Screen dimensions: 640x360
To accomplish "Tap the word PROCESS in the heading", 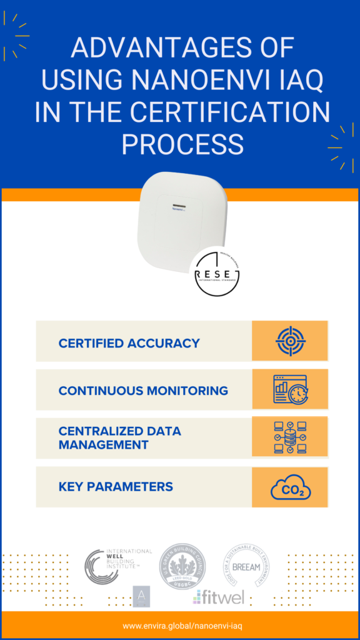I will (x=182, y=144).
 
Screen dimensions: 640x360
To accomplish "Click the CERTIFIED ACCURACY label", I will (x=129, y=343).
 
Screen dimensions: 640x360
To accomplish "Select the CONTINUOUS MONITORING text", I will (x=143, y=391).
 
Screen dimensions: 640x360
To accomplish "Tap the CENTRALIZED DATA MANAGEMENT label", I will (x=120, y=438).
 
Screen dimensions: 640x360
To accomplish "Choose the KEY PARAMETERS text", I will (x=116, y=486).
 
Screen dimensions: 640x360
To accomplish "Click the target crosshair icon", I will (x=289, y=341).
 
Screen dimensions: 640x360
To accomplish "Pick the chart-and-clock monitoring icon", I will (x=289, y=389).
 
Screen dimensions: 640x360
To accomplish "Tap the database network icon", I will (x=289, y=437).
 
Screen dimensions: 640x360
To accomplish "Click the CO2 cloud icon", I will (x=290, y=487).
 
